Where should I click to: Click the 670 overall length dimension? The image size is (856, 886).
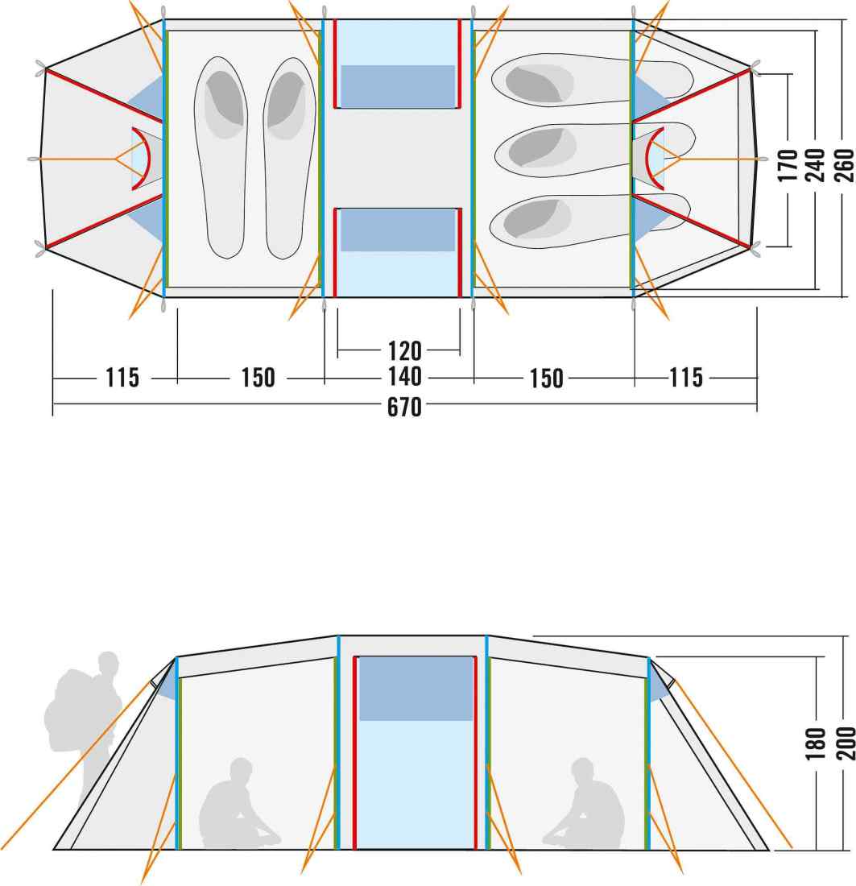[x=404, y=407]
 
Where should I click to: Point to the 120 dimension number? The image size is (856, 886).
[x=404, y=351]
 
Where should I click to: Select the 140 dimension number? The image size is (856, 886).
[x=404, y=377]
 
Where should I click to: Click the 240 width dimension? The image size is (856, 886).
[x=815, y=165]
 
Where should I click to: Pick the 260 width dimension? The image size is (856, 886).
[x=844, y=165]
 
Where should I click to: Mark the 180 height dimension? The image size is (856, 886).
[x=815, y=743]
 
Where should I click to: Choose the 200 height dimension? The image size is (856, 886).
[x=845, y=743]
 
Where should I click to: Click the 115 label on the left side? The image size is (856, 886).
[x=122, y=378]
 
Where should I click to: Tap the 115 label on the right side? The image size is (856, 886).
[x=686, y=378]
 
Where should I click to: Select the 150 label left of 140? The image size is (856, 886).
[x=258, y=378]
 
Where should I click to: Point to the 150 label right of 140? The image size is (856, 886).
[x=546, y=379]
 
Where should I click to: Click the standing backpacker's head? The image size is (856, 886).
[x=108, y=661]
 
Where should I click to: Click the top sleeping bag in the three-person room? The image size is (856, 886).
[x=592, y=80]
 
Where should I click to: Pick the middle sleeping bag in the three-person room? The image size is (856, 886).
[x=594, y=149]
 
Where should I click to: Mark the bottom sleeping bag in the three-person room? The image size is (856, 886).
[x=589, y=221]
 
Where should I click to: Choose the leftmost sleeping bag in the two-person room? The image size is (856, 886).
[x=221, y=158]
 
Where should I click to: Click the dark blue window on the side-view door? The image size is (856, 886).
[x=416, y=689]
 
